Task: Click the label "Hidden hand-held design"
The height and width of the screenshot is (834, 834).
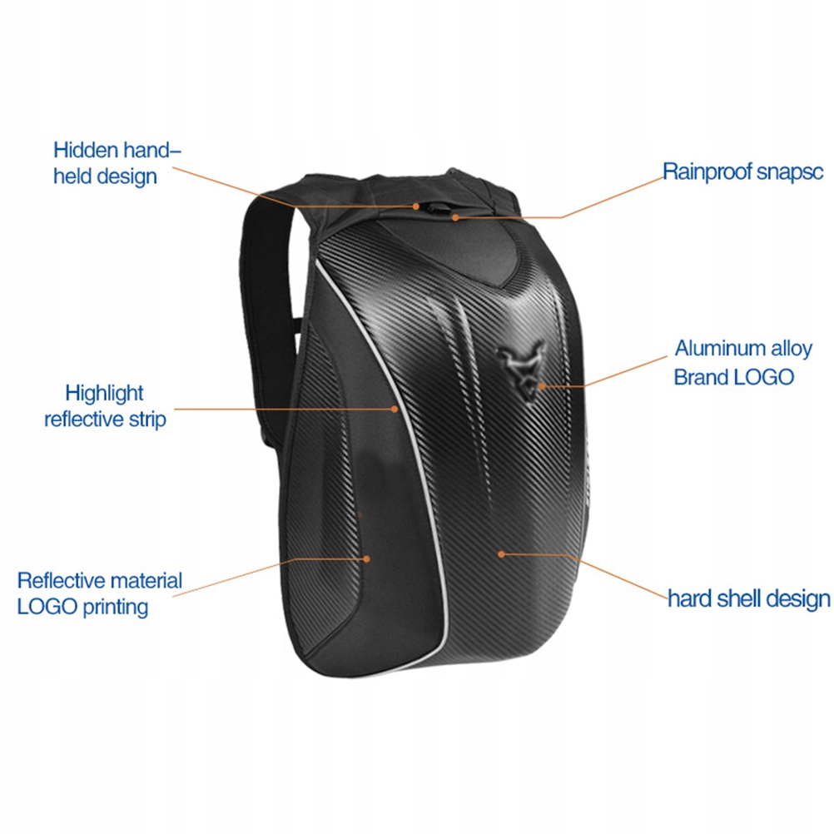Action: (x=117, y=163)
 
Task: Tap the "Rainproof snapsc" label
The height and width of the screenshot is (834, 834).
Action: (x=742, y=171)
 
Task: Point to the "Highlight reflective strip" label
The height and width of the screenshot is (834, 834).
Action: (x=105, y=405)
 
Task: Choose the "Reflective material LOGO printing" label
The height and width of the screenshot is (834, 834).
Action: (x=99, y=593)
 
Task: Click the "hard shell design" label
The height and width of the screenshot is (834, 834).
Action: (x=748, y=598)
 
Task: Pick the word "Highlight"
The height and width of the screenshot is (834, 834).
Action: (x=105, y=392)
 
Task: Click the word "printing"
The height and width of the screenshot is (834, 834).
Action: (x=116, y=606)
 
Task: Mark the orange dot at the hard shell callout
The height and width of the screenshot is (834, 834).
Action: (x=501, y=552)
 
